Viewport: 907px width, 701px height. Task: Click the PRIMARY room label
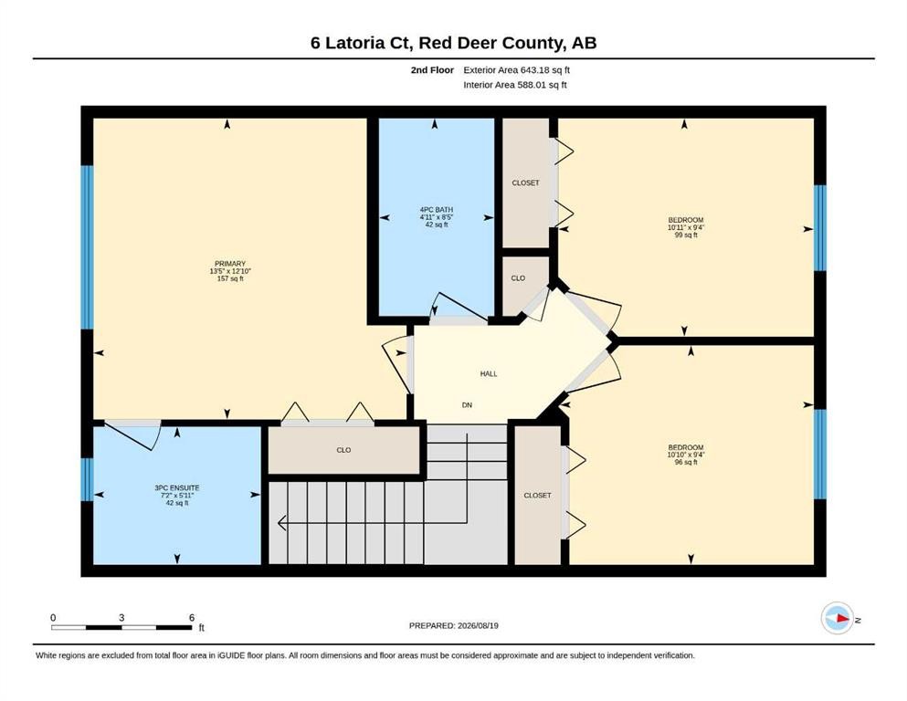tap(230, 264)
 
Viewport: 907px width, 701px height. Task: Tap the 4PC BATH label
tap(437, 210)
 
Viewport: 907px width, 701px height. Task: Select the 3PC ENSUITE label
tap(177, 487)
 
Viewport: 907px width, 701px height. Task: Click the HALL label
tap(489, 374)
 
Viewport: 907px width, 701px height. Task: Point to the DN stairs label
tap(467, 405)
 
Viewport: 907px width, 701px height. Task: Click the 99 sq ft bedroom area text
tap(686, 235)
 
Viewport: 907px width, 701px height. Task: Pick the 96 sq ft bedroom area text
tap(686, 463)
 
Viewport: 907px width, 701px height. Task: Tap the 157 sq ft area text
tap(230, 278)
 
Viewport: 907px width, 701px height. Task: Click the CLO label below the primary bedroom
tap(343, 450)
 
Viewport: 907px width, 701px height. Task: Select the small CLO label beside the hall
tap(518, 278)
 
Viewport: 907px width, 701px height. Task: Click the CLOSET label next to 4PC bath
tap(525, 183)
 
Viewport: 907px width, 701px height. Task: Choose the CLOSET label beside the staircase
tap(537, 496)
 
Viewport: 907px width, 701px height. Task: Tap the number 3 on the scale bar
tap(121, 617)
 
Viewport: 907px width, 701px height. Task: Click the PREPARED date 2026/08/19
tap(478, 625)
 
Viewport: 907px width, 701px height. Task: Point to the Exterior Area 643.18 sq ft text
tap(517, 70)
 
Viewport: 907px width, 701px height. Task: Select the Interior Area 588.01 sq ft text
tap(515, 85)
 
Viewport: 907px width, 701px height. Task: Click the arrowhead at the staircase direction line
tap(281, 523)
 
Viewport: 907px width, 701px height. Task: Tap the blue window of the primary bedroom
tap(87, 247)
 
